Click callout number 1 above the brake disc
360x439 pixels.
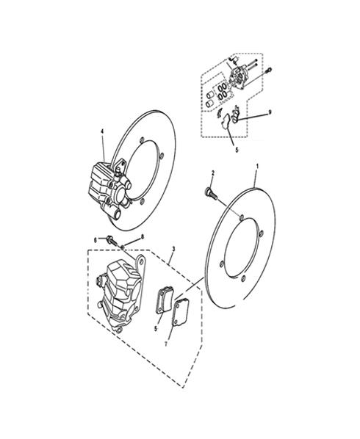click(257, 167)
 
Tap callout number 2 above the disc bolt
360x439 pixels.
click(212, 173)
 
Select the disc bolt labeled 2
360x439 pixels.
click(212, 194)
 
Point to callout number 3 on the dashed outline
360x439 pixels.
click(173, 249)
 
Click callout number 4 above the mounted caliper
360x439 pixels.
click(102, 131)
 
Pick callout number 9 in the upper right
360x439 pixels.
click(270, 112)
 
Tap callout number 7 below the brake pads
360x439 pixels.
click(166, 344)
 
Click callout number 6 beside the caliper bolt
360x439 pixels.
click(96, 240)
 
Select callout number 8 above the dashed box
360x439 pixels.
click(143, 237)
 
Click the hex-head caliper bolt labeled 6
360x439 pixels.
click(111, 240)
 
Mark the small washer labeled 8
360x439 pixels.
click(122, 247)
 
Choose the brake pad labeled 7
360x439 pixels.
click(180, 312)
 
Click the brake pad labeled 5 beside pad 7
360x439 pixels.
click(165, 300)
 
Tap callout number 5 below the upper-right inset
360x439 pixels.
click(237, 150)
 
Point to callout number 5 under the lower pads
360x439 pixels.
click(156, 328)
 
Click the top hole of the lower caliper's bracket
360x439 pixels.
click(142, 261)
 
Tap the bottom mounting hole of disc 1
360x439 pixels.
click(242, 278)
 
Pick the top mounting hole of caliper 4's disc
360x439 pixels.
click(142, 139)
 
